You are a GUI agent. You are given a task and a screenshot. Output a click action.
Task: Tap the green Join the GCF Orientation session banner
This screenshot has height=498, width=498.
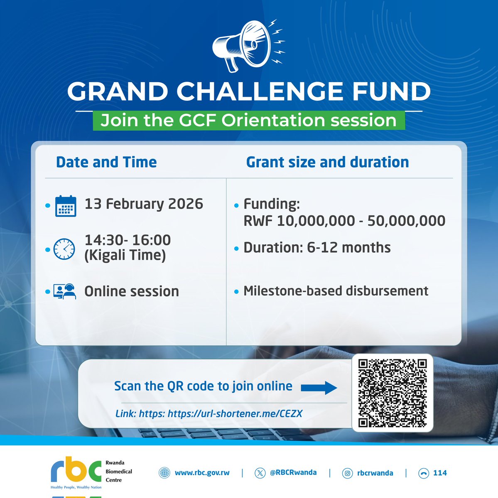coord(248,120)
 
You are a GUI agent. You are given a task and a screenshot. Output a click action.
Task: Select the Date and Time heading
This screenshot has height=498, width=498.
coord(106,162)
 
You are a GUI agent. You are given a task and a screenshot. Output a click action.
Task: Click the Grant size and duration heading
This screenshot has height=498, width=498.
coord(327,162)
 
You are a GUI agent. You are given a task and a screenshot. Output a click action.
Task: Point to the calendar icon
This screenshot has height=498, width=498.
coord(66,206)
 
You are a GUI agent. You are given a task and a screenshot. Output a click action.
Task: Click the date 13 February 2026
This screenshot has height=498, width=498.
coord(144,204)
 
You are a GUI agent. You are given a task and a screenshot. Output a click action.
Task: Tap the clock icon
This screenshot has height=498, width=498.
coord(64,249)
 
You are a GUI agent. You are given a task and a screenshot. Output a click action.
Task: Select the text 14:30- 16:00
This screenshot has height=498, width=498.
coord(128,240)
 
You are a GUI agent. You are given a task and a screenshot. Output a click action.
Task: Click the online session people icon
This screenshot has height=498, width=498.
coord(65,291)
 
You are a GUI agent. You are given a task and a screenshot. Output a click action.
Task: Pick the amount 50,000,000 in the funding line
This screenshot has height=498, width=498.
coord(406,221)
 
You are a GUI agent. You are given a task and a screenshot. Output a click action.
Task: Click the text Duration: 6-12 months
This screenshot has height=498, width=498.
coord(317,248)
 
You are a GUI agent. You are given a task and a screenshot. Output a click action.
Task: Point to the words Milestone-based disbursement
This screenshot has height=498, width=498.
coord(336,291)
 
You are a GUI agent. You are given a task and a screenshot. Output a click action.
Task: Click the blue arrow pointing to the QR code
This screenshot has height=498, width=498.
coord(319,388)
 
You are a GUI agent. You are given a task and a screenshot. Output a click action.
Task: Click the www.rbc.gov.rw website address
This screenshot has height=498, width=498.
coord(202,473)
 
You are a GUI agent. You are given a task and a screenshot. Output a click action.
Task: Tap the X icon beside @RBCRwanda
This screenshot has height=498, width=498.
coord(260,473)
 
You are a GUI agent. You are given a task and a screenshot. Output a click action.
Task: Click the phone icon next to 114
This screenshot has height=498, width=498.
coord(423,473)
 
